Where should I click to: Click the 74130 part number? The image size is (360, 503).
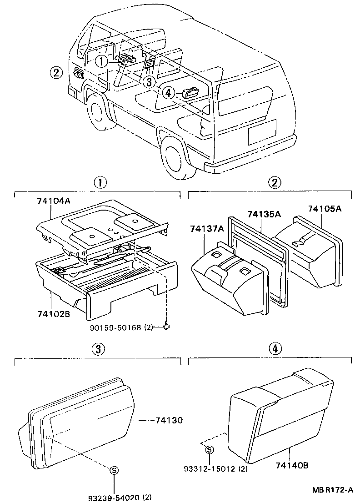[168, 421]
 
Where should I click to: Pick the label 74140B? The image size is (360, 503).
[292, 465]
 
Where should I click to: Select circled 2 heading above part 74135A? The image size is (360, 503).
[274, 183]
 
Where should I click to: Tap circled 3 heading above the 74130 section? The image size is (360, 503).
[100, 349]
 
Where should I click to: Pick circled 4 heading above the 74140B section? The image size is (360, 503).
[274, 349]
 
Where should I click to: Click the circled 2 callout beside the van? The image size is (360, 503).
[56, 72]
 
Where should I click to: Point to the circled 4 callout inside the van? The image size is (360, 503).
[168, 93]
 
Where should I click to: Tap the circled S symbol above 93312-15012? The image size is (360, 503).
[210, 450]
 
